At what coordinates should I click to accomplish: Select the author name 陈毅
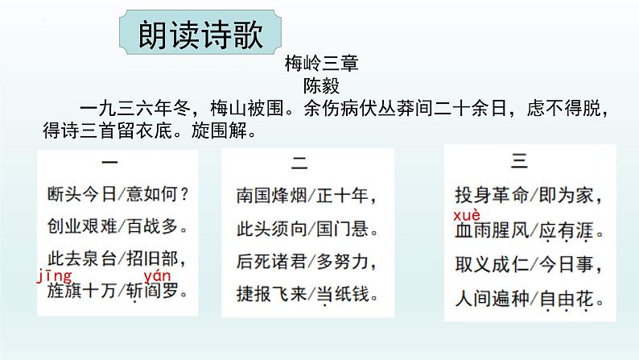pyautogui.click(x=319, y=83)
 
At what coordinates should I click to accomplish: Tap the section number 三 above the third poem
pyautogui.click(x=520, y=161)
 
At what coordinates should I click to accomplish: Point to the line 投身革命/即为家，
pyautogui.click(x=528, y=196)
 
